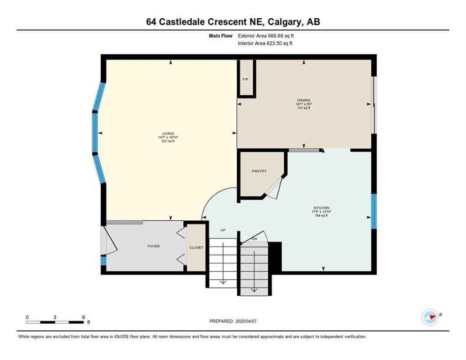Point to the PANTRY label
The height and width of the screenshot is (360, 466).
pos(259,171)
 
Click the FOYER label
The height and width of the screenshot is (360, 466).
pos(154,246)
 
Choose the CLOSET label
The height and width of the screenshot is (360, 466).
pos(196,247)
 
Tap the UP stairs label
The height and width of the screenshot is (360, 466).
pos(223,231)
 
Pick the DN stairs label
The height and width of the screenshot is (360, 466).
pos(255,239)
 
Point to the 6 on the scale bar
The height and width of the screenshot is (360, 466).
pos(83,317)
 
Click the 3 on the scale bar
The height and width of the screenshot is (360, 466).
pos(55,317)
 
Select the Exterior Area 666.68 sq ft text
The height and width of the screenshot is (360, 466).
pos(266,35)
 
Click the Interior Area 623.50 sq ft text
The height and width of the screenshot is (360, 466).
pos(265,43)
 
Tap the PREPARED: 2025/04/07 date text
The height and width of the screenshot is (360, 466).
pos(233,321)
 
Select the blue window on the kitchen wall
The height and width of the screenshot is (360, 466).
pos(374,211)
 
